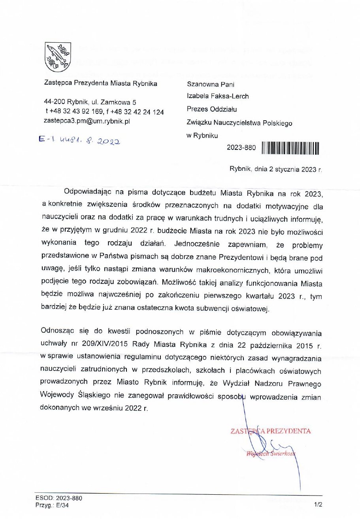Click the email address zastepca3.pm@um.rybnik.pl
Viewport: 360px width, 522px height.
pyautogui.click(x=87, y=121)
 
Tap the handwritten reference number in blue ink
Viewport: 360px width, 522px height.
pyautogui.click(x=79, y=140)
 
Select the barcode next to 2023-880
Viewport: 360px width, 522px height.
pyautogui.click(x=290, y=148)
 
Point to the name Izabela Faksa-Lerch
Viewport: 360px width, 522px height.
pyautogui.click(x=218, y=96)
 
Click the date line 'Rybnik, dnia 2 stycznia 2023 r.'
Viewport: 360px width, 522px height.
pyautogui.click(x=275, y=169)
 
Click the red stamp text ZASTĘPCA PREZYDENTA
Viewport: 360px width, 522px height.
pyautogui.click(x=271, y=431)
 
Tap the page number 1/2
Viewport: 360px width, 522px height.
pyautogui.click(x=318, y=505)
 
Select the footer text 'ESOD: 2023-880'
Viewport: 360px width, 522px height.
pyautogui.click(x=59, y=498)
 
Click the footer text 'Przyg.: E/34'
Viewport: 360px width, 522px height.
pyautogui.click(x=52, y=505)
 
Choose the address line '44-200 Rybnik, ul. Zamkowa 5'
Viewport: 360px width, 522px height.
pyautogui.click(x=90, y=102)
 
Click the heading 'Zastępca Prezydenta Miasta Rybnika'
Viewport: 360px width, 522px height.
pyautogui.click(x=100, y=83)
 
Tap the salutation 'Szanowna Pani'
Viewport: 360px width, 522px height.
pyautogui.click(x=211, y=84)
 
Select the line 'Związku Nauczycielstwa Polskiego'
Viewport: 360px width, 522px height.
pyautogui.click(x=239, y=123)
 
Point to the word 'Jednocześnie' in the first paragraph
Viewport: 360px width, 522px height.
pyautogui.click(x=197, y=244)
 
